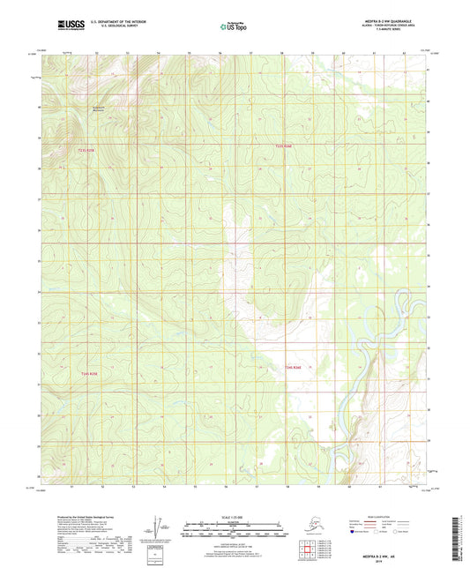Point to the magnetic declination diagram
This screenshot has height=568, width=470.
point(159,527)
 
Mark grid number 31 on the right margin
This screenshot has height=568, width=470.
point(429,380)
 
